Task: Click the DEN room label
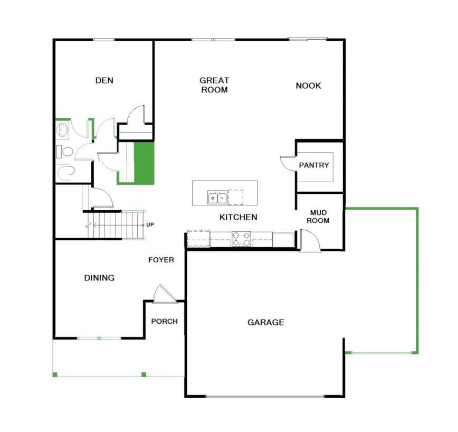coord(104,80)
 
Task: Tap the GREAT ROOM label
coord(214,85)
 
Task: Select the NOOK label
coord(309,86)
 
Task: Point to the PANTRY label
coord(314,165)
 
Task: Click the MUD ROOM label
coord(318,217)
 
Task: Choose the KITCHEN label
coord(238,217)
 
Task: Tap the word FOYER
coord(161,260)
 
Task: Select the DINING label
coord(99,278)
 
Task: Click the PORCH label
coord(165,322)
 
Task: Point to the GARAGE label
coord(266,322)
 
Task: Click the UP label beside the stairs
coord(150,225)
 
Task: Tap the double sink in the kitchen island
coord(217,198)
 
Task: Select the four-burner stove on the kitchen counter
coord(241,239)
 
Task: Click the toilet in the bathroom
coord(64,152)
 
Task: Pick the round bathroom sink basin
coord(62,129)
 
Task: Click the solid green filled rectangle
coord(144,163)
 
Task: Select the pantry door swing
coord(288,163)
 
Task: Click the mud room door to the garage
coord(310,240)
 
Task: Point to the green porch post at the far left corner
coord(55,375)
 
